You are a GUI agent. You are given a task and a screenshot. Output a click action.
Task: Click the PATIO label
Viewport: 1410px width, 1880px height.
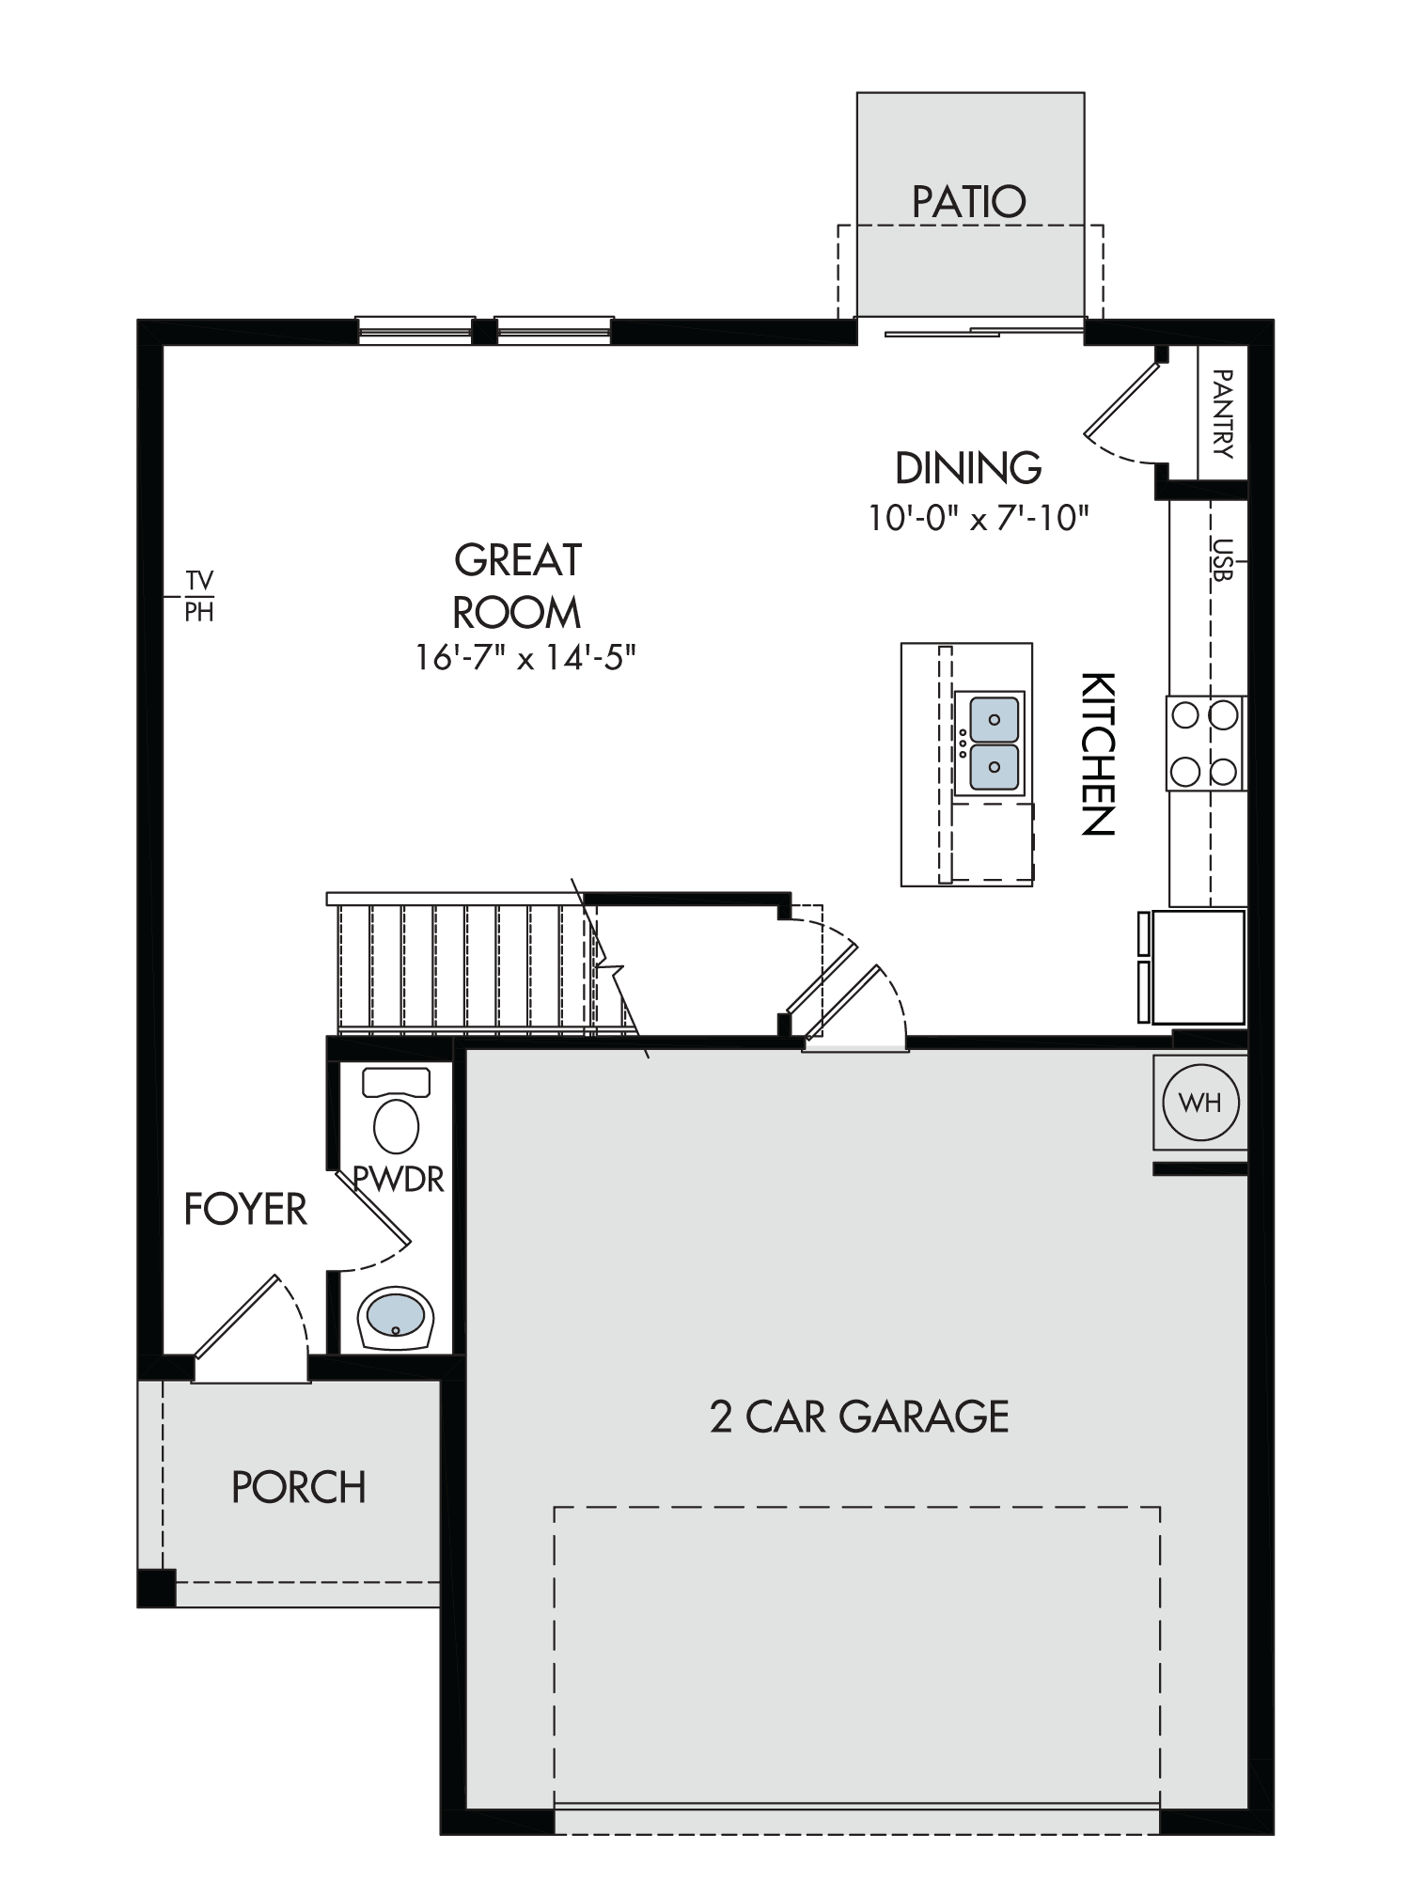click(x=969, y=201)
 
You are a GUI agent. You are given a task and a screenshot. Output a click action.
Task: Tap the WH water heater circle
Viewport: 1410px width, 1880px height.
click(x=1200, y=1102)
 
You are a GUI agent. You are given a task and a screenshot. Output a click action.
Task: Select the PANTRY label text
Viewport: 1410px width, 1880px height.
click(x=1222, y=413)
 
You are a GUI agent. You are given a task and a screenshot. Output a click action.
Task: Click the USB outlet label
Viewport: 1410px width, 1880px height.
click(x=1221, y=559)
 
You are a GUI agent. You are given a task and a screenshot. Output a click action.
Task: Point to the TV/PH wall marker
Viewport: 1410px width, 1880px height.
click(x=199, y=596)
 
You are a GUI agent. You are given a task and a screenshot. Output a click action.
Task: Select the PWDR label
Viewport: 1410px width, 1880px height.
click(x=398, y=1179)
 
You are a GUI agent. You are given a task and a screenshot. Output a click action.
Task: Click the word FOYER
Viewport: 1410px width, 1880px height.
click(x=245, y=1210)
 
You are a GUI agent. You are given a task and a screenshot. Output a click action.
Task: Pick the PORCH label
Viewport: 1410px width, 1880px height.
click(x=299, y=1487)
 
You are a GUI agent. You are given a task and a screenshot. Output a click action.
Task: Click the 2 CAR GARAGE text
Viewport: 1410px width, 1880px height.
click(x=859, y=1417)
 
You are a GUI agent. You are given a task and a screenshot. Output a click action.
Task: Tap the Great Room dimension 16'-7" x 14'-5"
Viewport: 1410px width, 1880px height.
click(x=526, y=657)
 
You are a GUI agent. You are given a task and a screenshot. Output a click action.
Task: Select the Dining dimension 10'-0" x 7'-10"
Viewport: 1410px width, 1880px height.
click(x=978, y=518)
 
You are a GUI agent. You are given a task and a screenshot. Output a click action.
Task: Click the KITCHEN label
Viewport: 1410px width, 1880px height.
click(x=1097, y=753)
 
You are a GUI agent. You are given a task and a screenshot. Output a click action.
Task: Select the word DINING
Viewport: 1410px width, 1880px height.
click(x=968, y=467)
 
